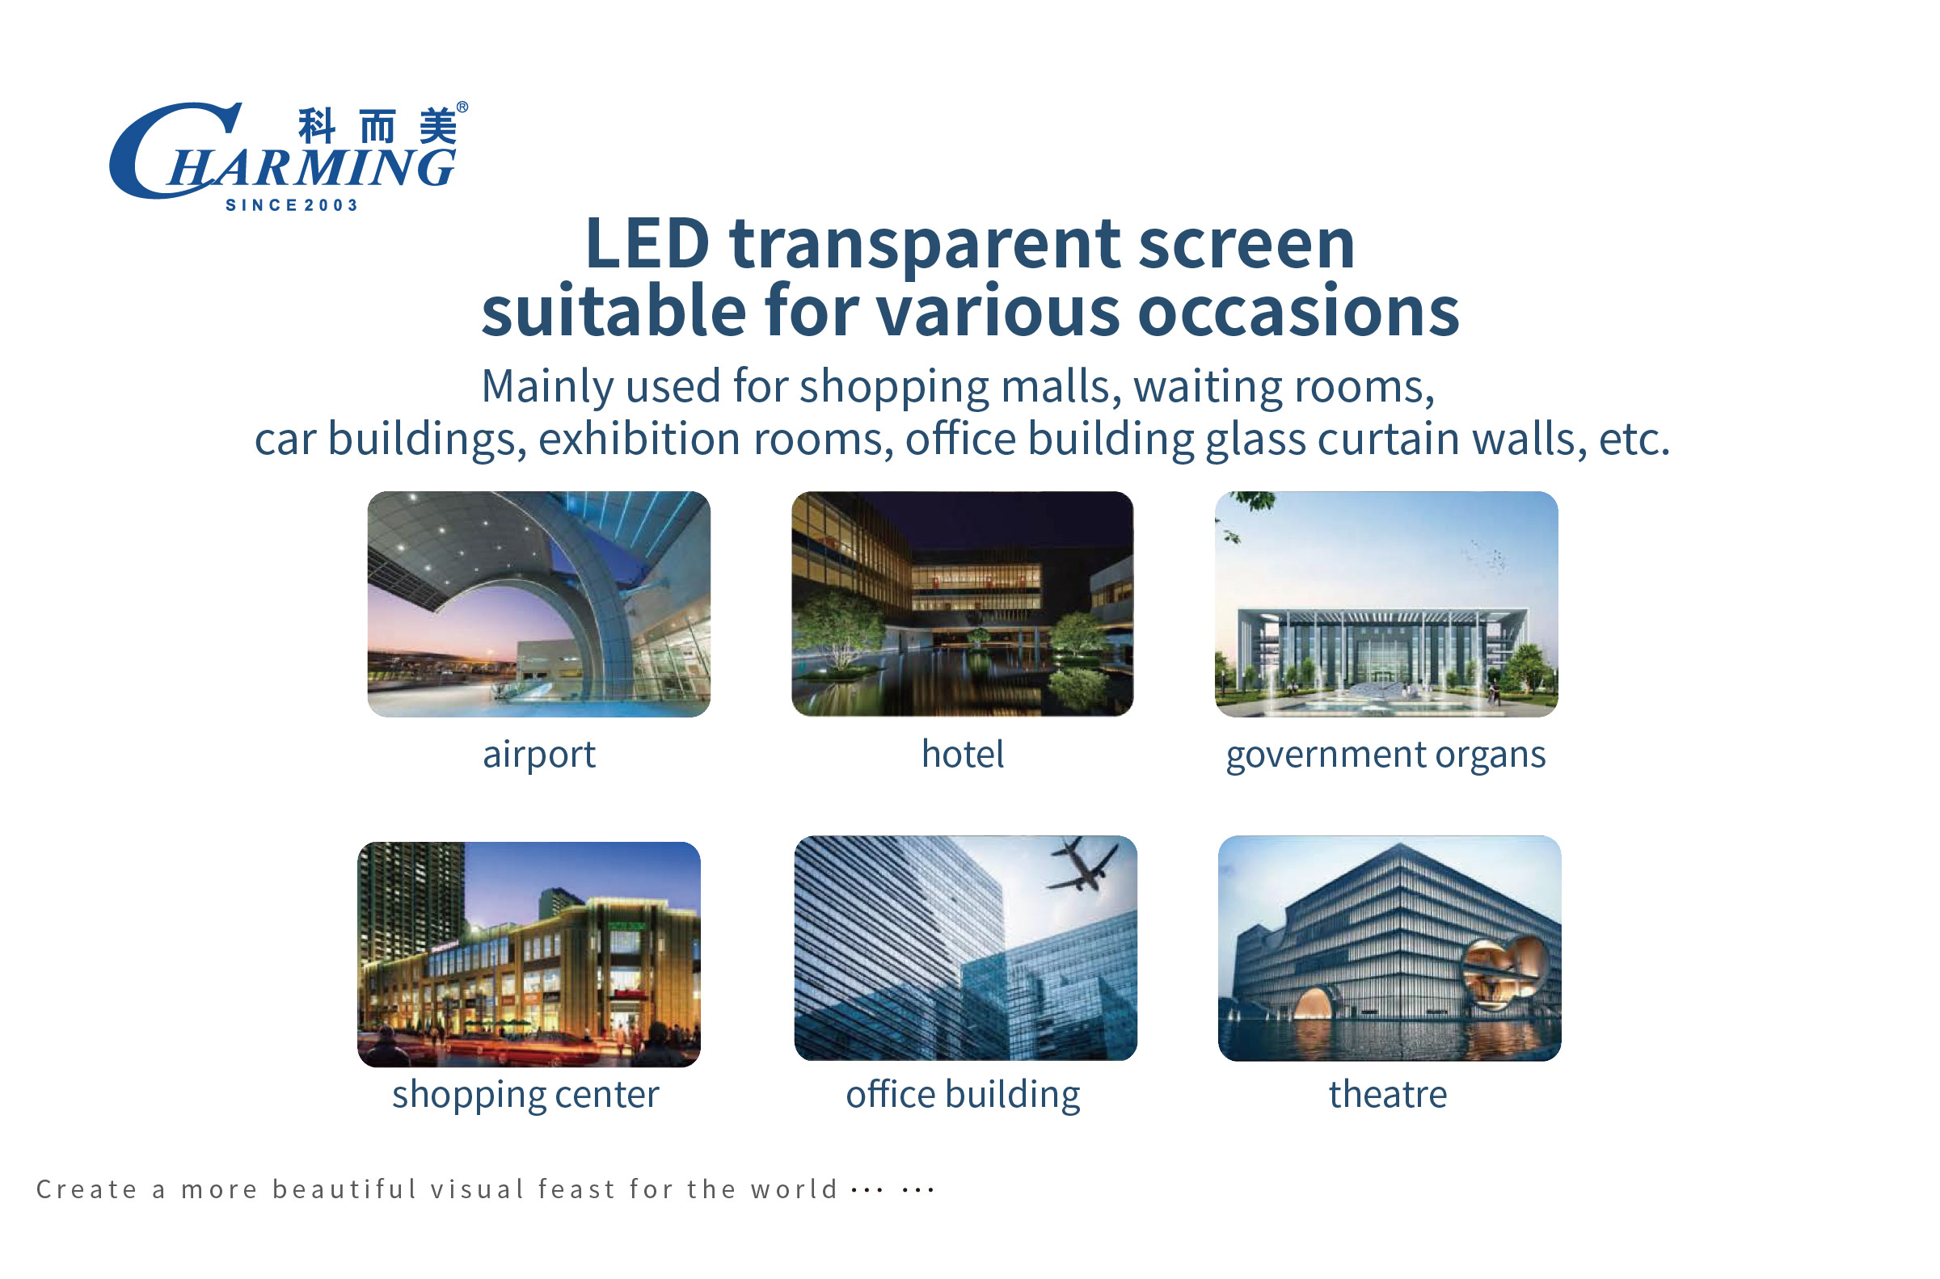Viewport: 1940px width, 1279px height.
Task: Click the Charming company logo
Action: click(x=289, y=156)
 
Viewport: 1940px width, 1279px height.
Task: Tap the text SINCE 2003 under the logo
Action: click(x=292, y=205)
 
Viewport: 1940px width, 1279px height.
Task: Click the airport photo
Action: click(x=538, y=604)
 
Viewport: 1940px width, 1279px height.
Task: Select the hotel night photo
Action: click(x=962, y=604)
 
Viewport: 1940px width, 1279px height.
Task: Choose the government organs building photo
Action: click(x=1386, y=604)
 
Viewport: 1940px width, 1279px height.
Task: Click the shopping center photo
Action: click(x=529, y=954)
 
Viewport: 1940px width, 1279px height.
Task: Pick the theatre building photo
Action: click(x=1390, y=948)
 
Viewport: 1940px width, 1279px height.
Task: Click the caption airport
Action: click(x=539, y=755)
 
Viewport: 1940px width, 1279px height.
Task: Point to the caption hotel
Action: click(x=963, y=753)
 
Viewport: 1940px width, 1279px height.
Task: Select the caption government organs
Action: click(x=1386, y=755)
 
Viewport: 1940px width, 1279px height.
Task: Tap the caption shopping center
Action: click(x=525, y=1095)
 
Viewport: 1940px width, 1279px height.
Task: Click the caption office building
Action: click(x=963, y=1095)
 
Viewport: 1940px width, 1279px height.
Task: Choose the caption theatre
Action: click(x=1388, y=1094)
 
